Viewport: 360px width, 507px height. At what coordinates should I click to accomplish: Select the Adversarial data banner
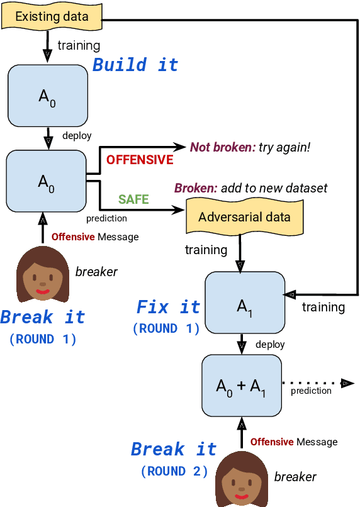[x=244, y=217]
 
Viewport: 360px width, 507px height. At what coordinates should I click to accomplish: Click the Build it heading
[x=135, y=65]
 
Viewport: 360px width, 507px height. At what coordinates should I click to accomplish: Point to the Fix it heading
[x=168, y=307]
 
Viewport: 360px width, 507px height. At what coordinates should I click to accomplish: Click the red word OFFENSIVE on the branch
[x=140, y=160]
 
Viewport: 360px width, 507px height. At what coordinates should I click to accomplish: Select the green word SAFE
[x=133, y=199]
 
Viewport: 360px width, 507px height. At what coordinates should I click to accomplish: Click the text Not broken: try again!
[x=250, y=147]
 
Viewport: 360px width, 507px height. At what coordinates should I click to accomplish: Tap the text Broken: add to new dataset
[x=250, y=188]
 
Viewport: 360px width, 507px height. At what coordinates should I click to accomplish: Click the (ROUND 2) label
[x=174, y=471]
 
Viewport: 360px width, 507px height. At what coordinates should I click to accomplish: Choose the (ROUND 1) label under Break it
[x=42, y=339]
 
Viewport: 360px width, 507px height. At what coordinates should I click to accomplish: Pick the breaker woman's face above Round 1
[x=42, y=275]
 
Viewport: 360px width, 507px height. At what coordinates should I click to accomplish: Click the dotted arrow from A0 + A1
[x=315, y=382]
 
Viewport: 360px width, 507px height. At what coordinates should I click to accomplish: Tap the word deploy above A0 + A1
[x=270, y=345]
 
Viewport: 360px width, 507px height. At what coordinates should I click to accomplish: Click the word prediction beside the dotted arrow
[x=311, y=391]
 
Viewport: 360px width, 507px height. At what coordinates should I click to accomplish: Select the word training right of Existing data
[x=79, y=45]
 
